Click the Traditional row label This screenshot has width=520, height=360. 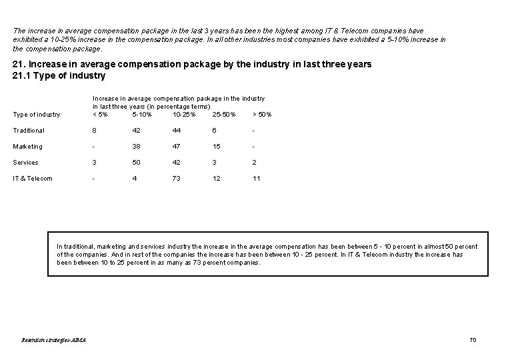point(29,131)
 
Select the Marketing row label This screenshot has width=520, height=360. point(27,147)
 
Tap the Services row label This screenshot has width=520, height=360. point(25,163)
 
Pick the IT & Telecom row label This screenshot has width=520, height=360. point(33,179)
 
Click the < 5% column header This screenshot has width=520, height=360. point(100,115)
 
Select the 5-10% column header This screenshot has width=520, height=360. point(142,115)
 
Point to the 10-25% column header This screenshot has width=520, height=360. point(184,115)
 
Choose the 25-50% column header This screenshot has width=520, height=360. point(224,115)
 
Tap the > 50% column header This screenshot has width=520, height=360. point(262,115)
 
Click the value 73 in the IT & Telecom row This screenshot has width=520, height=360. point(177,179)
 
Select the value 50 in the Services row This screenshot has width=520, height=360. point(136,163)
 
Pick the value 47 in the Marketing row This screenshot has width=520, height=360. point(177,147)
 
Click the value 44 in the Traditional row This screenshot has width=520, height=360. point(177,131)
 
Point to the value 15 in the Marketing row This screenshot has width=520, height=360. point(217,147)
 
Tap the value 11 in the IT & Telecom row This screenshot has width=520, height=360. point(257,179)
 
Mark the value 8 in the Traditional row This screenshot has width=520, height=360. point(95,131)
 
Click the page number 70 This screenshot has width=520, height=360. point(473,340)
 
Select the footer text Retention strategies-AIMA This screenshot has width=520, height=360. point(54,340)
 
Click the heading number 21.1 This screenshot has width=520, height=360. point(21,75)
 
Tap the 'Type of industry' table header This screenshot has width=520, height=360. point(37,115)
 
